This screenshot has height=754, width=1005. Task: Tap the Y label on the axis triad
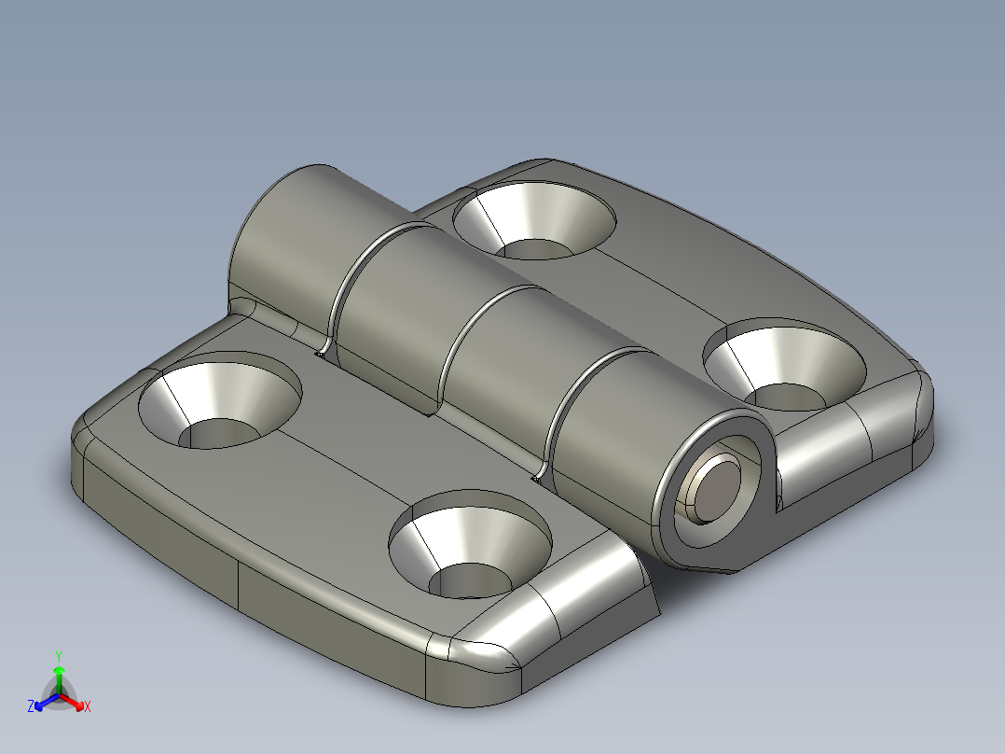(x=59, y=656)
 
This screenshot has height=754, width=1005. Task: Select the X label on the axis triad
(x=88, y=706)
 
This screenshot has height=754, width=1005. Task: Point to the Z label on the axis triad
(x=31, y=706)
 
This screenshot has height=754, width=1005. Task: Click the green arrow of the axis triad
(x=59, y=674)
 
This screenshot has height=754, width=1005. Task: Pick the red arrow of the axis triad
(x=76, y=702)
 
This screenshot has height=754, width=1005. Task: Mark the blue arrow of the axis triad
(x=42, y=702)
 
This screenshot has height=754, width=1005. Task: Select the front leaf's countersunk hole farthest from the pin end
(x=220, y=401)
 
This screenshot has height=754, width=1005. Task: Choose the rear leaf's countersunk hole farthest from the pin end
(x=534, y=222)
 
